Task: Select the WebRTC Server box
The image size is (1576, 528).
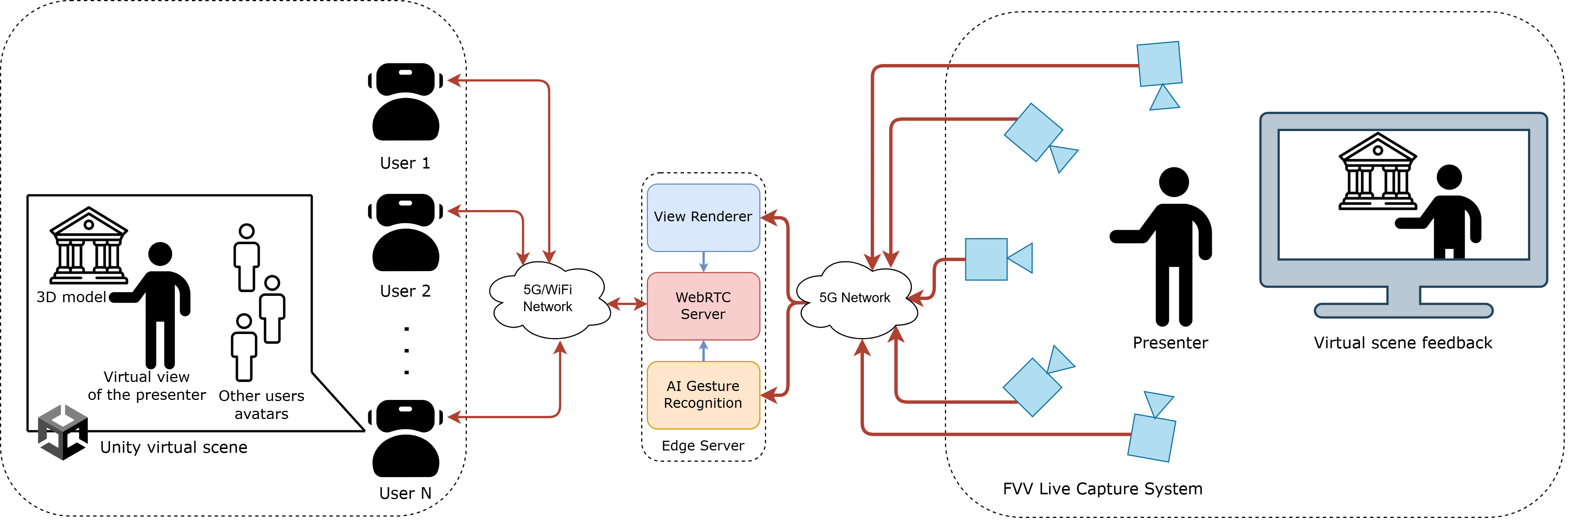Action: (703, 306)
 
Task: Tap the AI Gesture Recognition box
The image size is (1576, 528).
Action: (703, 395)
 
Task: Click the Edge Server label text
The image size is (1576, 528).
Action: (703, 446)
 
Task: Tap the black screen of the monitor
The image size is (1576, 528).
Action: (1404, 194)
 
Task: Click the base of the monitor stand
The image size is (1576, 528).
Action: (1404, 310)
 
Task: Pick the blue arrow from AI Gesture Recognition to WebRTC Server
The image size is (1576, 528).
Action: (703, 351)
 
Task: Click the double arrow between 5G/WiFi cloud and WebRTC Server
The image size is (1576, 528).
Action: (627, 303)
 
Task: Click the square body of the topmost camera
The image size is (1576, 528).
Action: (1159, 64)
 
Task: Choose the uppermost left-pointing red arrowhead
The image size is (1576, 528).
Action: (454, 80)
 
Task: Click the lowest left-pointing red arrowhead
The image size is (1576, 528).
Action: (454, 418)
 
